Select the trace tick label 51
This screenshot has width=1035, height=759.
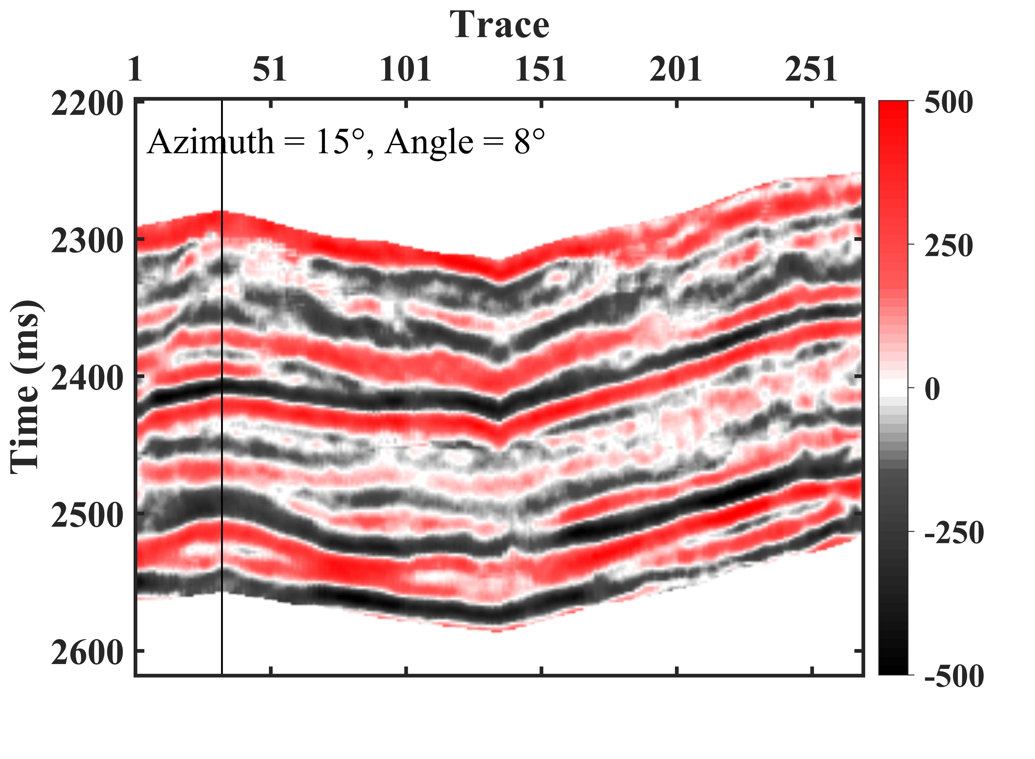click(x=270, y=70)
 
